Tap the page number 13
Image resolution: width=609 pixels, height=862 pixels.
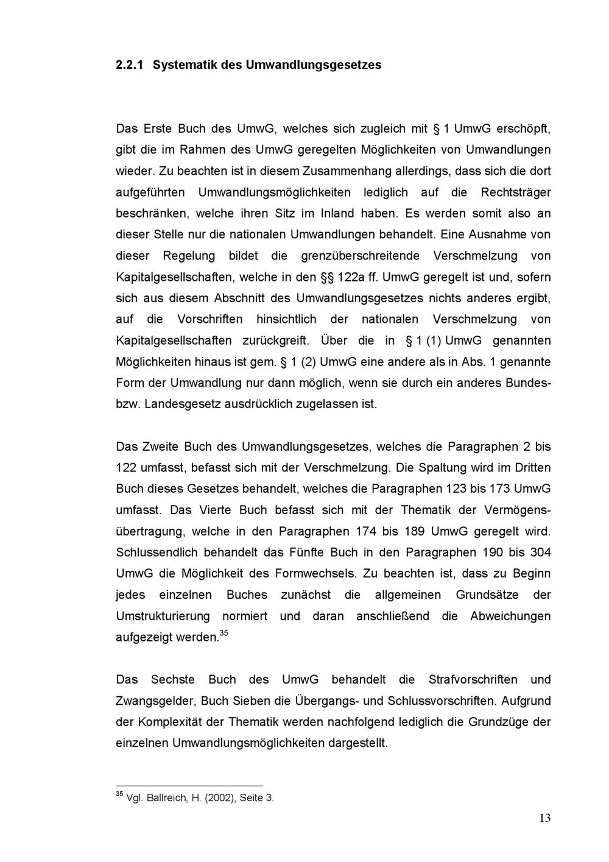(544, 818)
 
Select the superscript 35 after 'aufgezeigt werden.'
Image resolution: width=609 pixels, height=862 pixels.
(224, 634)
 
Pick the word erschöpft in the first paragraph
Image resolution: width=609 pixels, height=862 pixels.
(524, 129)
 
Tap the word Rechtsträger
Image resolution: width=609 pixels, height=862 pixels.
(516, 193)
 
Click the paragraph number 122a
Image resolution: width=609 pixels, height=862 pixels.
(351, 277)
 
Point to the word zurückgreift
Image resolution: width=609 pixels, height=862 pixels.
(276, 341)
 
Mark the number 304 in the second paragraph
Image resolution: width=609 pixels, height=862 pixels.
(540, 553)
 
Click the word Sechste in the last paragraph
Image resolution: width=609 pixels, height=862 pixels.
(173, 679)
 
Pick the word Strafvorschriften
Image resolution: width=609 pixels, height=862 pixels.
(473, 679)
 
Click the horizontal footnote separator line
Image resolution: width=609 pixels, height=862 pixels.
(189, 786)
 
